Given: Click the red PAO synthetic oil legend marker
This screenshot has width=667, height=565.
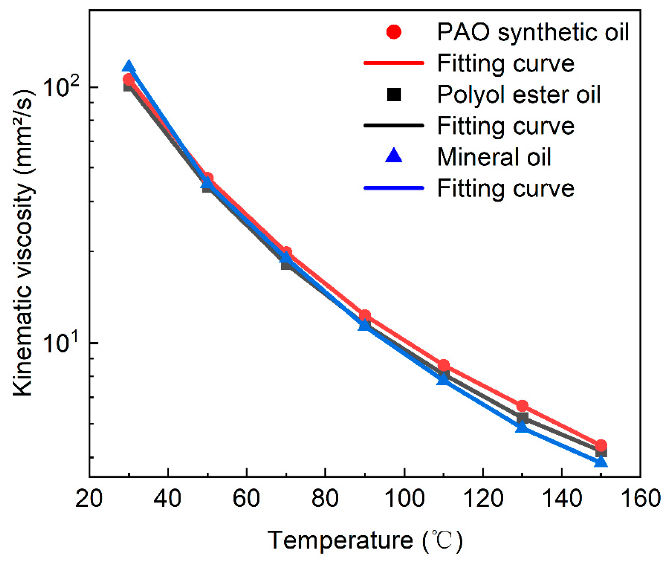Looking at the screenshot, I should [x=394, y=32].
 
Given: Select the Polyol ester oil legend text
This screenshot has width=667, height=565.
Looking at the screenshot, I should [x=518, y=95].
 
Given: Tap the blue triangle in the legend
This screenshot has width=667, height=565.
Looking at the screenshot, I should [x=394, y=156].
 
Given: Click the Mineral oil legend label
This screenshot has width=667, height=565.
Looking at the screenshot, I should [x=494, y=157].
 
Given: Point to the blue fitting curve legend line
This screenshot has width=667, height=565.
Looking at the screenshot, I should [x=394, y=188].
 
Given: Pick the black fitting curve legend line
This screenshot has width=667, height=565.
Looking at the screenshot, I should [x=394, y=125].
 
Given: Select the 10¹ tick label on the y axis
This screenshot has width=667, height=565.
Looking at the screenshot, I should [x=60, y=342].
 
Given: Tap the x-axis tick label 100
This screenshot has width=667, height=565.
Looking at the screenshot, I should [x=404, y=498].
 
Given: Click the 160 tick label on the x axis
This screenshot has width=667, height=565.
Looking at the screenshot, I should [x=640, y=498].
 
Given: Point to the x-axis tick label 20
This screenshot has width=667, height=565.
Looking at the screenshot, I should [x=89, y=498].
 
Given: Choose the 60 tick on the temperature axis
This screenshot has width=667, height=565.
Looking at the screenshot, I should [x=246, y=498].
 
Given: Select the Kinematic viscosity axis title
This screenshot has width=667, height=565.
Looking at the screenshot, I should [x=24, y=243].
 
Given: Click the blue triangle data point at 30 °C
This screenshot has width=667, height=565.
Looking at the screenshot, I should [x=129, y=67].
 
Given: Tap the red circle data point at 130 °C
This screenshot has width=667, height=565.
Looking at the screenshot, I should [x=522, y=406].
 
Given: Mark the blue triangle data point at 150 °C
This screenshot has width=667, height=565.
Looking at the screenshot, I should [x=600, y=462].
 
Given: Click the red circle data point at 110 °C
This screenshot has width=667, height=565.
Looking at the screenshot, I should [x=444, y=365].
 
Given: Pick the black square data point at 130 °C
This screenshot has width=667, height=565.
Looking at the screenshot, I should [x=522, y=417].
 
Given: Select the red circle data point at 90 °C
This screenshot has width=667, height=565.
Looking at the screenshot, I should [x=365, y=315].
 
